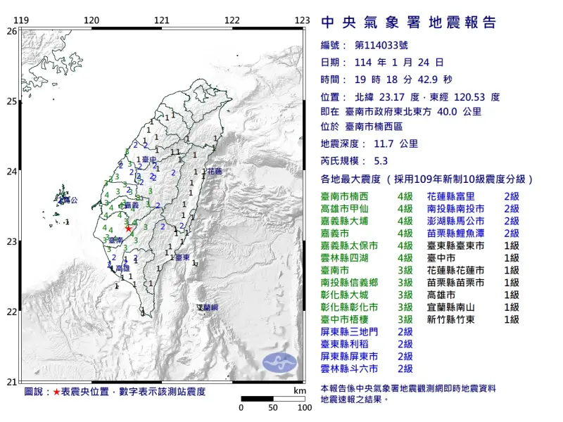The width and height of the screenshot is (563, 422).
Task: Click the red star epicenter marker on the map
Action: point(128,228)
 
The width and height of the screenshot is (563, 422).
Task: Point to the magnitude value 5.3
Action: point(381,160)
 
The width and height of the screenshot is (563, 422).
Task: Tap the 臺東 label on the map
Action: point(182,258)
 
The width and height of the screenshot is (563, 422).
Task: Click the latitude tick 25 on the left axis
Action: point(11,101)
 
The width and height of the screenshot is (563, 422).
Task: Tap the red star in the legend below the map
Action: point(56,391)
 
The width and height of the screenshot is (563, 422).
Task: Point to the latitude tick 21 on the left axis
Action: point(11,382)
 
